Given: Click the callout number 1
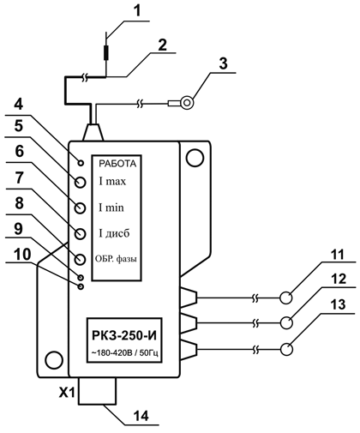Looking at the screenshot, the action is coord(137,11).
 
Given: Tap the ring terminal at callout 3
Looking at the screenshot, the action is coord(187,103).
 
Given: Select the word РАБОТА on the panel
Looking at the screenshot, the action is coord(117,164).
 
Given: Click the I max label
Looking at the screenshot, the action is coord(112,182).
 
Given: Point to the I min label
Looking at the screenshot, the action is coord(111,207).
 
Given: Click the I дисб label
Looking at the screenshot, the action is coord(114,233).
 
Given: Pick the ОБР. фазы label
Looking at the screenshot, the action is coord(116,259).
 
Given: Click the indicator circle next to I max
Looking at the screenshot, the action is coord(81,182).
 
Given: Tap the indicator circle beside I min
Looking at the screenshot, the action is coord(81,208).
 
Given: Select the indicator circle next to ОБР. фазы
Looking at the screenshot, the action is coord(81,260).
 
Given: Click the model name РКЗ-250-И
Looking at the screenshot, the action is coord(124,335).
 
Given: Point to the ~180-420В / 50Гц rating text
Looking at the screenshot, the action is coord(124,353).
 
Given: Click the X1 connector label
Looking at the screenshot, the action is coord(67,394).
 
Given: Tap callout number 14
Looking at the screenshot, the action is coord(141,416).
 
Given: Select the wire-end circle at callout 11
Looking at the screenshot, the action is coord(286,298).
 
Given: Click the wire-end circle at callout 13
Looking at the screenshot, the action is coord(286,349).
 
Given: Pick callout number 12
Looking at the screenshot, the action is coord(339,279).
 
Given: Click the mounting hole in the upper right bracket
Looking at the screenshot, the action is coord(195,158).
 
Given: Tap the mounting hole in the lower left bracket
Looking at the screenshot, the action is coord(54,360).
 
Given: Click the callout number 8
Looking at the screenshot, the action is coord(19,203).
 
